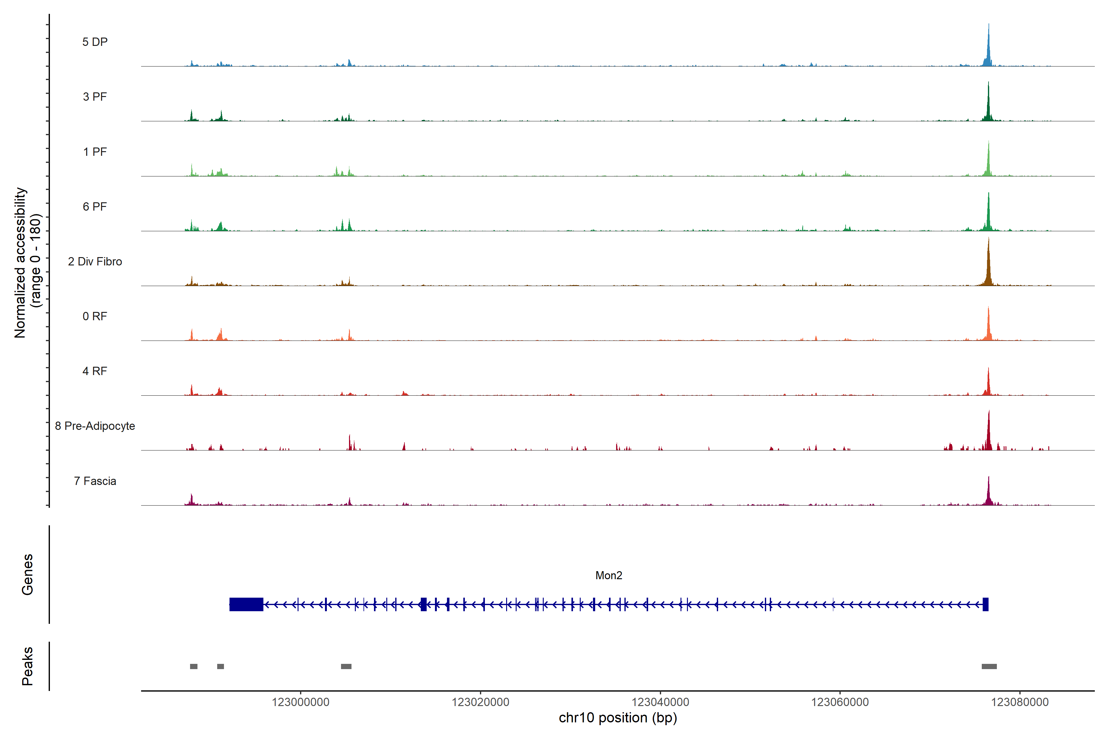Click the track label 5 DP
point(95,42)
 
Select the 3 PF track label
point(95,97)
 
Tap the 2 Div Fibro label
point(95,261)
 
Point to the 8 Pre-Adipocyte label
point(95,426)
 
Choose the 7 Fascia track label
point(95,481)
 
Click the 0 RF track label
point(95,316)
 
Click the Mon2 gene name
point(609,575)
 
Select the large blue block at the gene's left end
point(246,604)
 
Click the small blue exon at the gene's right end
point(985,604)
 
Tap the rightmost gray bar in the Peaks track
point(989,666)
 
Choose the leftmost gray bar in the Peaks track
point(194,666)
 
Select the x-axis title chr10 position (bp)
point(618,718)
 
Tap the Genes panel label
point(27,575)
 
